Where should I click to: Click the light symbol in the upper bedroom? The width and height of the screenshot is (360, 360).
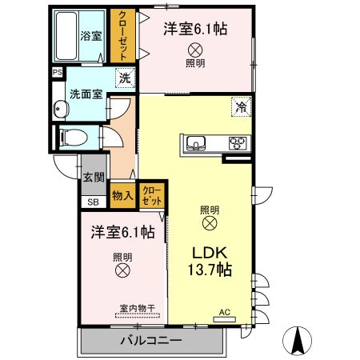(195, 50)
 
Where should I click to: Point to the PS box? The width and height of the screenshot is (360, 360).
(56, 73)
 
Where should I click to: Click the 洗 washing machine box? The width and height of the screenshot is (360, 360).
(125, 78)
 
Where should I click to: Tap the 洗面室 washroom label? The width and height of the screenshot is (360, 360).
(86, 93)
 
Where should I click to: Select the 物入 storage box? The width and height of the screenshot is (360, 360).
(122, 195)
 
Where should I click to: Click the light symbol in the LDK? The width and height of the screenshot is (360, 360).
(210, 222)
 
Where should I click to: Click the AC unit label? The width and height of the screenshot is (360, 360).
(225, 313)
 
